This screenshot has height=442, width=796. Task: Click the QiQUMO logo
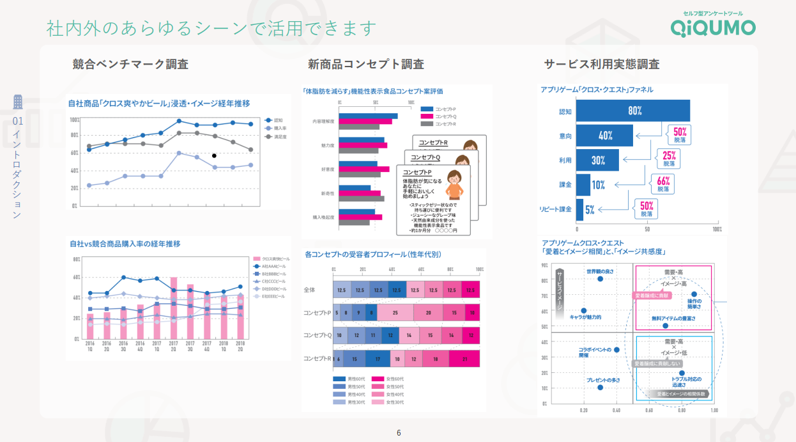point(712,26)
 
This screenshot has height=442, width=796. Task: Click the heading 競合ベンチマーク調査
point(130,64)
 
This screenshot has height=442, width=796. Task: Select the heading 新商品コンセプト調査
point(365,64)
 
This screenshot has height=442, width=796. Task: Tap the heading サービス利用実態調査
point(601,64)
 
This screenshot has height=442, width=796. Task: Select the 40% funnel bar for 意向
point(604,136)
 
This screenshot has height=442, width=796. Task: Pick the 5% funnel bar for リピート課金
point(580,209)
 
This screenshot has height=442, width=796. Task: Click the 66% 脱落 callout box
point(662,184)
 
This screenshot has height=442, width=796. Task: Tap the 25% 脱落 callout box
point(668,159)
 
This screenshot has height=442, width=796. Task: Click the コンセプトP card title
point(418,173)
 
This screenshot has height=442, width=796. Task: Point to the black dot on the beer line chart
point(214,155)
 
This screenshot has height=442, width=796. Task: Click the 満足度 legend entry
point(275,136)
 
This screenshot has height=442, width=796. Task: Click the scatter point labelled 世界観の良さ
point(600,278)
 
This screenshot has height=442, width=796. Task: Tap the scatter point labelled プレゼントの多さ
point(600,387)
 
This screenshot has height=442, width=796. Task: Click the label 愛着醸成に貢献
point(651,296)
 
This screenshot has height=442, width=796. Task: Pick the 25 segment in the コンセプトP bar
point(395,313)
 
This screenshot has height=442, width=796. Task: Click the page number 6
point(399,432)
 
